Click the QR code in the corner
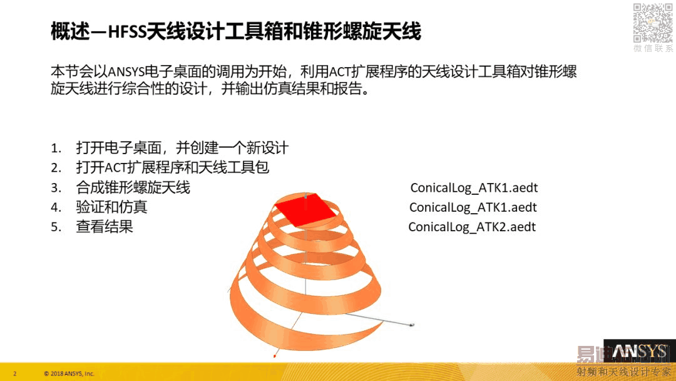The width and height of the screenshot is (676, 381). pos(653,23)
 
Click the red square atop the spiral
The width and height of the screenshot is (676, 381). pos(305,209)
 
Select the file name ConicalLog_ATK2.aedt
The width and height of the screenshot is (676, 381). pos(472,227)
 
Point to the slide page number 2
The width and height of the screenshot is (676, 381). pos(15,373)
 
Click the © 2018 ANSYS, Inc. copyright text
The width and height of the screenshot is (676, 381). pos(69,373)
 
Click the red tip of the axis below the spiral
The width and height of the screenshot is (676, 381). pos(275,356)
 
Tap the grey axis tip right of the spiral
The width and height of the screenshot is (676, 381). pos(412,325)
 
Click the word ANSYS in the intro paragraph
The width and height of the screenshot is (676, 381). pos(126,71)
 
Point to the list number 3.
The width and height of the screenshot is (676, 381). pos(56,188)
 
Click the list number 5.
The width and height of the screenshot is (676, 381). pos(56,227)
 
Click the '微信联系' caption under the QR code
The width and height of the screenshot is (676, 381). pos(653,48)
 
